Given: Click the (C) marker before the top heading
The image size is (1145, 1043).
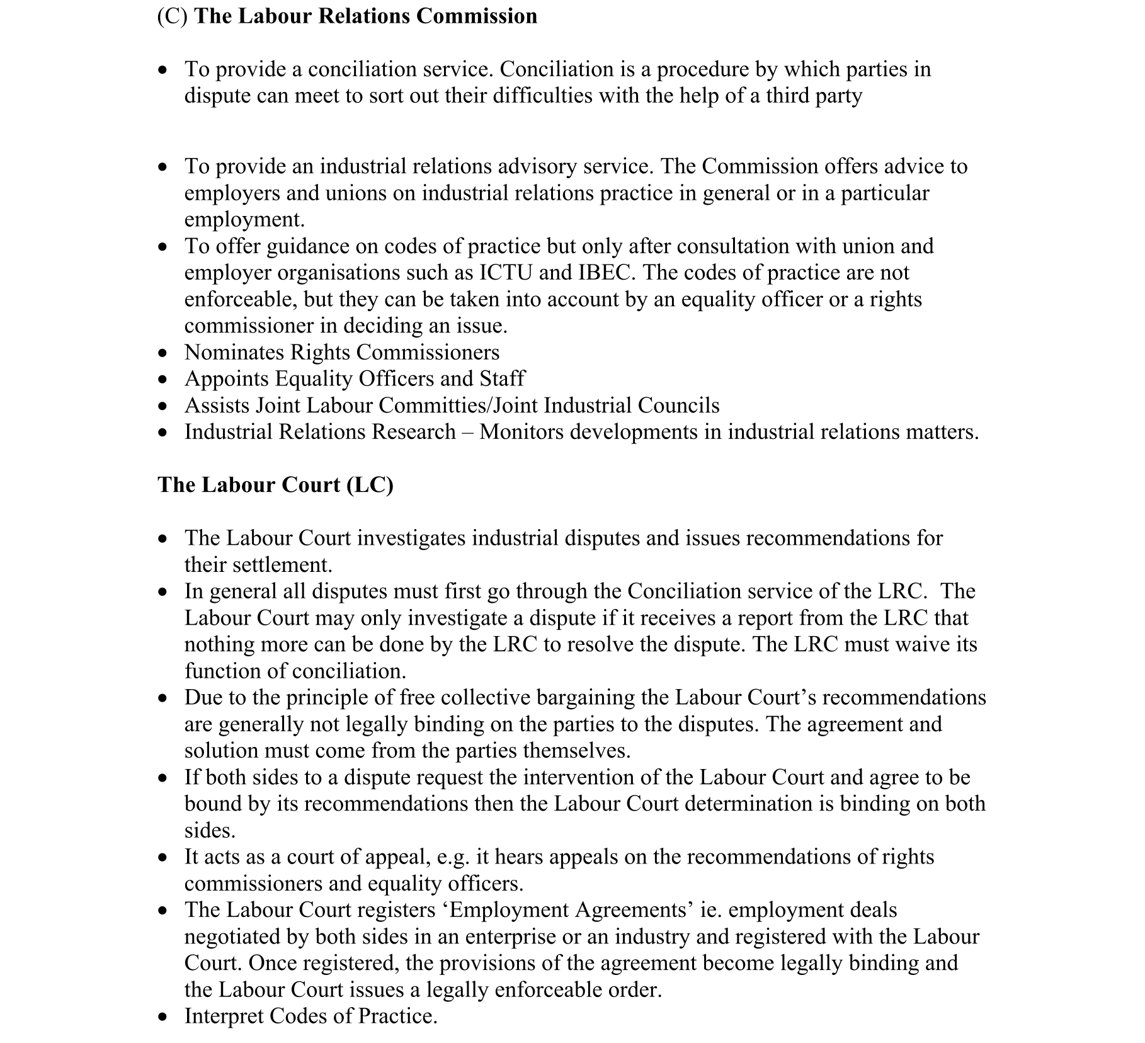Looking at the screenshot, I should tap(172, 16).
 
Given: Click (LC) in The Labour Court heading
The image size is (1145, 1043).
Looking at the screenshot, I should tap(370, 485).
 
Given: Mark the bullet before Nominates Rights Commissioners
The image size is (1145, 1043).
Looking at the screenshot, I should tap(163, 353).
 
